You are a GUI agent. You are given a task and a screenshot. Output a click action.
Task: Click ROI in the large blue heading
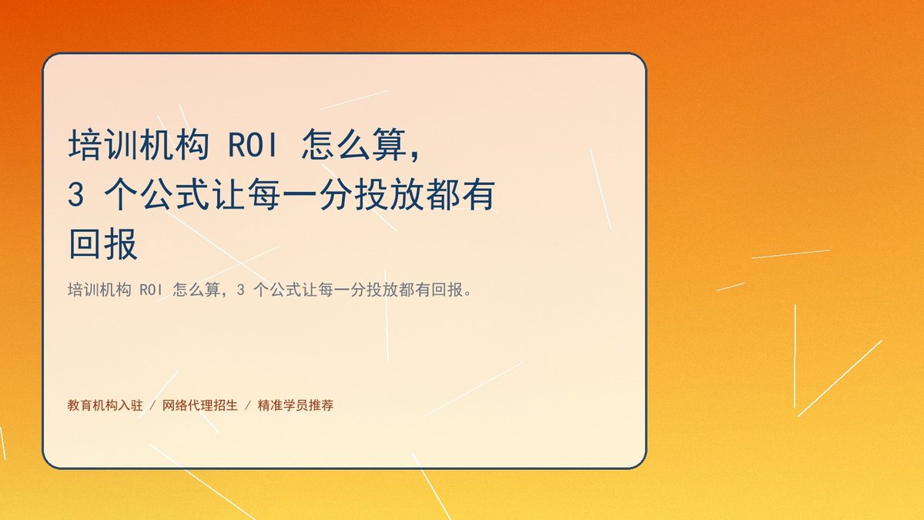click(x=253, y=145)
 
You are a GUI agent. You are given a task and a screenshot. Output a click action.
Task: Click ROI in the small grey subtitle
click(x=152, y=290)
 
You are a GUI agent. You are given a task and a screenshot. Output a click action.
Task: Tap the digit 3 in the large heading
click(x=76, y=194)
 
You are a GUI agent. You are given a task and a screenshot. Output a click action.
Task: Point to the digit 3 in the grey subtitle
click(x=240, y=290)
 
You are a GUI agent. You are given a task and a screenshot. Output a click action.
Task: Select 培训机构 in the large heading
click(x=139, y=145)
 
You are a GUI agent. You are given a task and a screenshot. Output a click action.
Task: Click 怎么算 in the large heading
click(x=354, y=145)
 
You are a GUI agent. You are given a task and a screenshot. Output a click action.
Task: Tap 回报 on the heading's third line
click(x=103, y=244)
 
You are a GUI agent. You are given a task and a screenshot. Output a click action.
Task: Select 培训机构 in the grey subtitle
click(x=99, y=290)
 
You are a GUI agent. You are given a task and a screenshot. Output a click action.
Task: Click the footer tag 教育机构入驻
click(x=105, y=405)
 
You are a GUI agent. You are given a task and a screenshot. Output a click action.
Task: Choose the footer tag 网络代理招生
click(x=200, y=405)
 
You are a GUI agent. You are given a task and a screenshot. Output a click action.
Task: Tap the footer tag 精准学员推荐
click(x=296, y=405)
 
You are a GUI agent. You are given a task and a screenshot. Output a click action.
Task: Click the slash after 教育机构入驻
click(x=152, y=405)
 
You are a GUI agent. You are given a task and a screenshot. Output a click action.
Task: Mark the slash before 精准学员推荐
click(x=248, y=405)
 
